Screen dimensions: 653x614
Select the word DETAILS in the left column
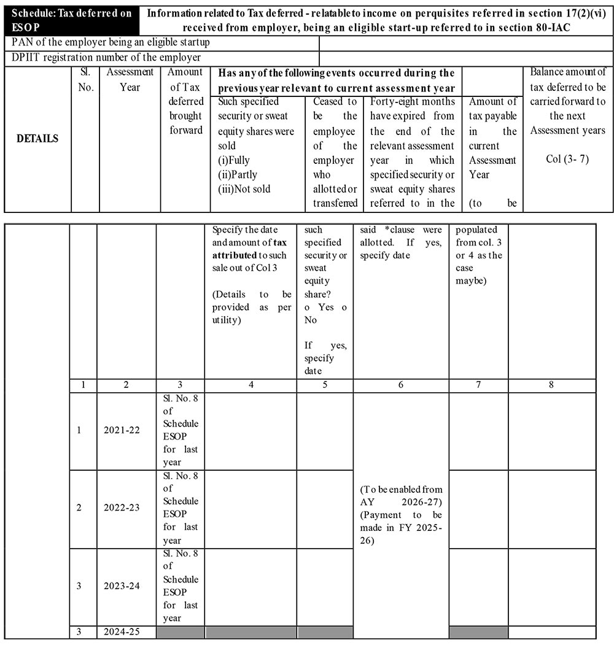pyautogui.click(x=37, y=138)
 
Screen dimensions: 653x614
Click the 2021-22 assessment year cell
pyautogui.click(x=122, y=430)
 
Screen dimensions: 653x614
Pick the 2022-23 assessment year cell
pyautogui.click(x=122, y=508)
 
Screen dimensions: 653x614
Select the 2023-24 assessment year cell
pyautogui.click(x=122, y=586)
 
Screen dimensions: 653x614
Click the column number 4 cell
pyautogui.click(x=251, y=385)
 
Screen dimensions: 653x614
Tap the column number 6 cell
pyautogui.click(x=400, y=385)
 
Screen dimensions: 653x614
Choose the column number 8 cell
pyautogui.click(x=551, y=385)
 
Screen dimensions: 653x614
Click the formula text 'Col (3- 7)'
pyautogui.click(x=567, y=159)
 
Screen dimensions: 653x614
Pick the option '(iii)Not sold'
pyautogui.click(x=244, y=189)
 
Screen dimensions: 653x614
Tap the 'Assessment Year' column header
pyautogui.click(x=130, y=80)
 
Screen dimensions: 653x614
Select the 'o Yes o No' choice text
pyautogui.click(x=325, y=313)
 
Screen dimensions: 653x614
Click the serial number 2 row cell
pyautogui.click(x=79, y=508)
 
